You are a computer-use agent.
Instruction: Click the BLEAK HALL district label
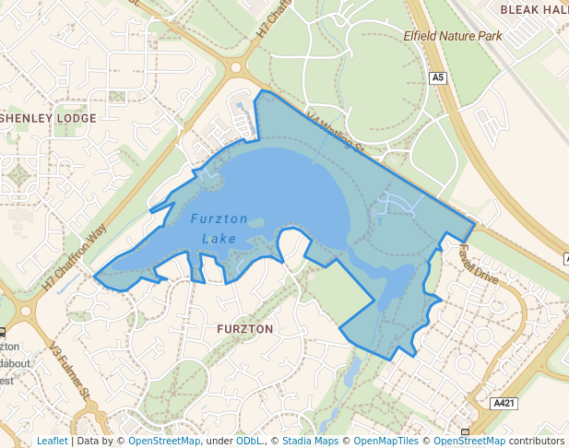click(x=534, y=8)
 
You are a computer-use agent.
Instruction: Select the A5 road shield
click(x=438, y=78)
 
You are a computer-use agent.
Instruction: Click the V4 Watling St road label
click(x=337, y=134)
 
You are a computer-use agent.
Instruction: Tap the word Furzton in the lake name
click(x=219, y=219)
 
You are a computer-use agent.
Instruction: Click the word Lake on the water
click(x=219, y=239)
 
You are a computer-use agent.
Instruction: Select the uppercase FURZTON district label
click(x=244, y=328)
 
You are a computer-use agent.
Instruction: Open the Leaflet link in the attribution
click(x=52, y=441)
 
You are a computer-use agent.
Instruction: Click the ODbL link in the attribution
click(x=249, y=441)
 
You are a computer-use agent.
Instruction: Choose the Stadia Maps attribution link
click(x=310, y=441)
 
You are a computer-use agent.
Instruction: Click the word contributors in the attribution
click(x=537, y=441)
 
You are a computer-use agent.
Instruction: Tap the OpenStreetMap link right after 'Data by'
click(x=164, y=441)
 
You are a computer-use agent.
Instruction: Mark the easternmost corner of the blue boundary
click(x=474, y=222)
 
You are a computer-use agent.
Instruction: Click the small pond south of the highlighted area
click(x=351, y=371)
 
